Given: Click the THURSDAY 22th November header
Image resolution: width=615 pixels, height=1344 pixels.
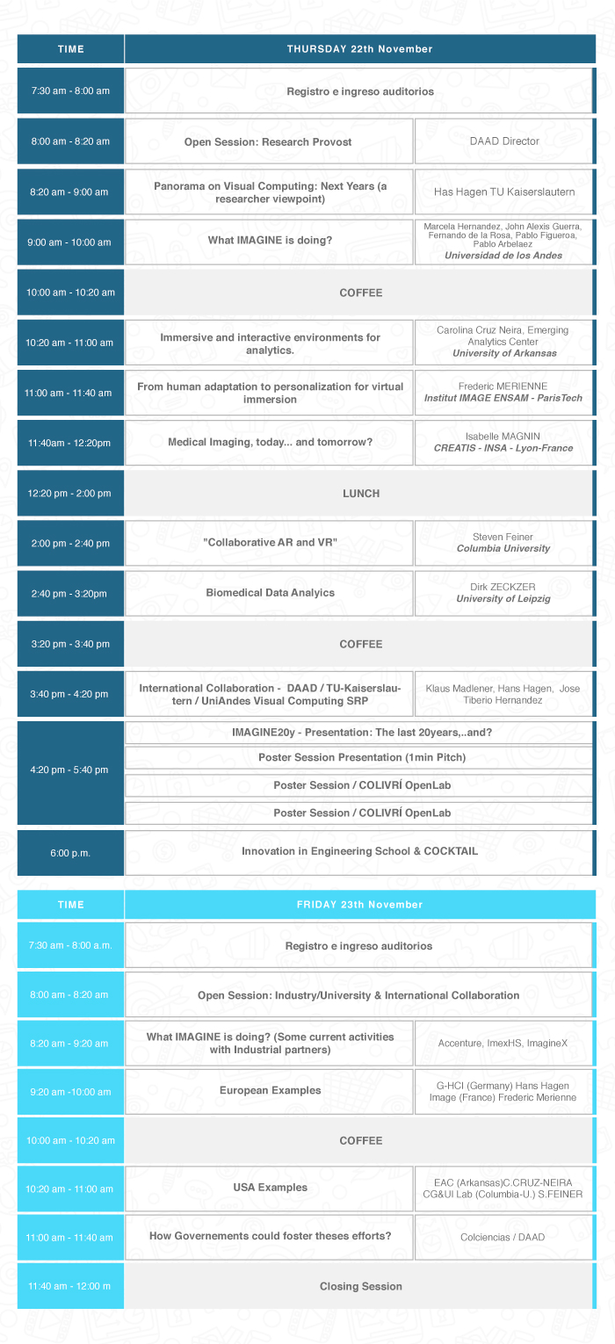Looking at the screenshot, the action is coord(359,49).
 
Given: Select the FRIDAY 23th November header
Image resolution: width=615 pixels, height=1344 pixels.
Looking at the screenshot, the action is coord(359,904).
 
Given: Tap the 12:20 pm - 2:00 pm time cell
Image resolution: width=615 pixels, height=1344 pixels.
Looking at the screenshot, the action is coord(70,493).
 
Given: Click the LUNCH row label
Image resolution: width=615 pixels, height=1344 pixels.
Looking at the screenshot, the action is coord(360,493).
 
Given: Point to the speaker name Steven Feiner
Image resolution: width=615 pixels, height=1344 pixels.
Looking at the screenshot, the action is coord(503,537).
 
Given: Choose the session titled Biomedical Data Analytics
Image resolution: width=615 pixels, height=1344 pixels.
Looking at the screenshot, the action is coord(270,593).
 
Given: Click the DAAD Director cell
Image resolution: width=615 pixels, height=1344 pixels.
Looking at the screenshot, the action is coord(504,141).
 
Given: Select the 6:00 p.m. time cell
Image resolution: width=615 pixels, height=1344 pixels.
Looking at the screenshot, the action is coord(70,853).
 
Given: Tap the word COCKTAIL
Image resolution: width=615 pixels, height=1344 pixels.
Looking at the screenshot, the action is coord(451,851).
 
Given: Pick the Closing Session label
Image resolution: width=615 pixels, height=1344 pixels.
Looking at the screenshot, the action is coord(360,1286).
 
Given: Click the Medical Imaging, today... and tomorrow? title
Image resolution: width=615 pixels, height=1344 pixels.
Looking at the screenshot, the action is coord(270,442).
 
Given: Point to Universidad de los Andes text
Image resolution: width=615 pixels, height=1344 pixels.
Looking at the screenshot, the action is coord(503,256).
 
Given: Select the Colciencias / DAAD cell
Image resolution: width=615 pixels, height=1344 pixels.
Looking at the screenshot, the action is coord(503,1237).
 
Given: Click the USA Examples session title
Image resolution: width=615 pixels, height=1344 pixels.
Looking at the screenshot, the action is coord(270,1188).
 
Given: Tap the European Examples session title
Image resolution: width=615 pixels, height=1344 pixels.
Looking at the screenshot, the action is coord(270,1090).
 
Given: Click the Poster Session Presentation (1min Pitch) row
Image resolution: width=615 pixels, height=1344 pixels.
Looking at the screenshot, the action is coord(362,757).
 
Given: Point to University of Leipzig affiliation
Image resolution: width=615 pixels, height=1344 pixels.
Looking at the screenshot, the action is coord(503,599).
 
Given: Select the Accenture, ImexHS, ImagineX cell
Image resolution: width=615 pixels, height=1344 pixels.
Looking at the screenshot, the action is coord(503,1044).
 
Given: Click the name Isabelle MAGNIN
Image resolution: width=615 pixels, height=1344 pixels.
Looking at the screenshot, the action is coord(503,437).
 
